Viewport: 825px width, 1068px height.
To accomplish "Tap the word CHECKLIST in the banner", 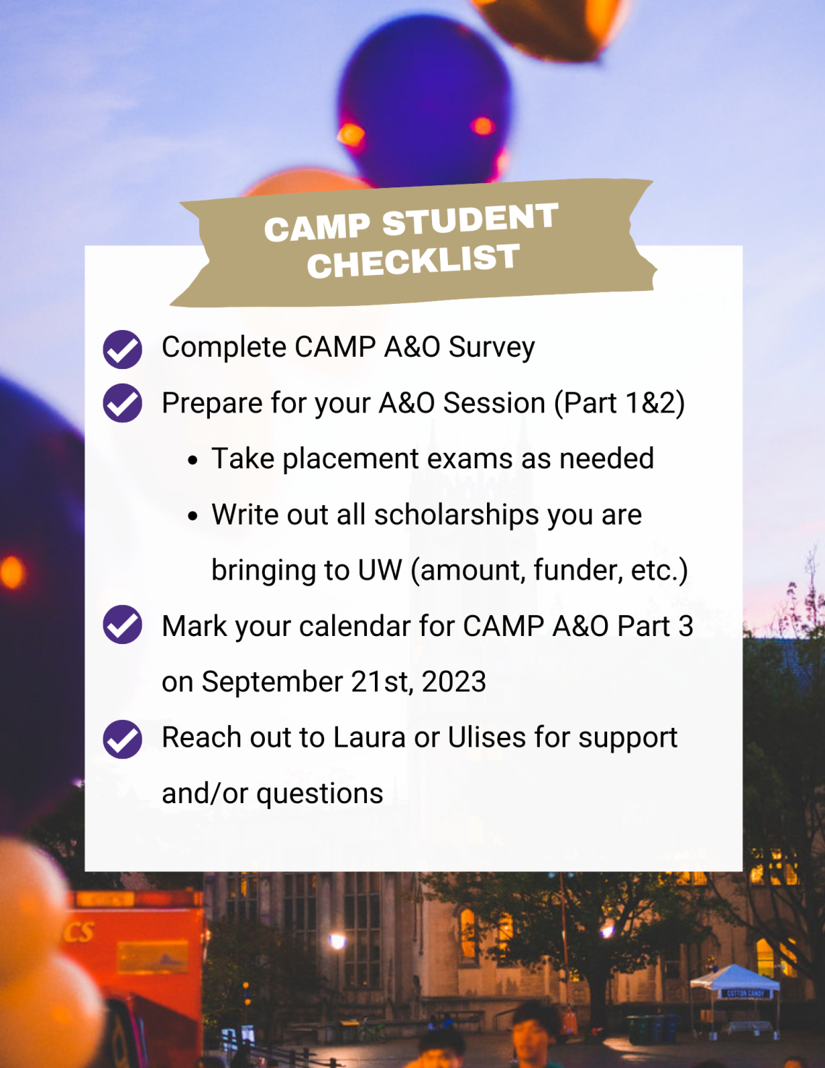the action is click(x=414, y=261).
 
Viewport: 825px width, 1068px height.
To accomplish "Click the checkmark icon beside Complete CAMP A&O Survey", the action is click(x=122, y=349).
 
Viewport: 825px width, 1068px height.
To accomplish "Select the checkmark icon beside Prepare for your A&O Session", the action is click(x=122, y=403).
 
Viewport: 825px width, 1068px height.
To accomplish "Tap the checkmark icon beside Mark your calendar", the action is click(x=122, y=624).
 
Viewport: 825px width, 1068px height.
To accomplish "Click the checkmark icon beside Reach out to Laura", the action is click(x=122, y=739).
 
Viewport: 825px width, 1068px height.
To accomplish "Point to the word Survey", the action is click(x=491, y=348).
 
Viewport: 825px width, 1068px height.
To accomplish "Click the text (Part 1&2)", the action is click(x=619, y=404).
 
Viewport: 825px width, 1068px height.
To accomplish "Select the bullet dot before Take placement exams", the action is click(x=192, y=460).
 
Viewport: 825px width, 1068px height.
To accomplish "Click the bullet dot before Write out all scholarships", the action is click(x=192, y=516).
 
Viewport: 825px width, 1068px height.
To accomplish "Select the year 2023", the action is click(x=454, y=682).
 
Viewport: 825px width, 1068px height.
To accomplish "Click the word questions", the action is click(x=320, y=794).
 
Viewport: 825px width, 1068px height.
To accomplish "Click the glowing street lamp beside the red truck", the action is click(x=337, y=941).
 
